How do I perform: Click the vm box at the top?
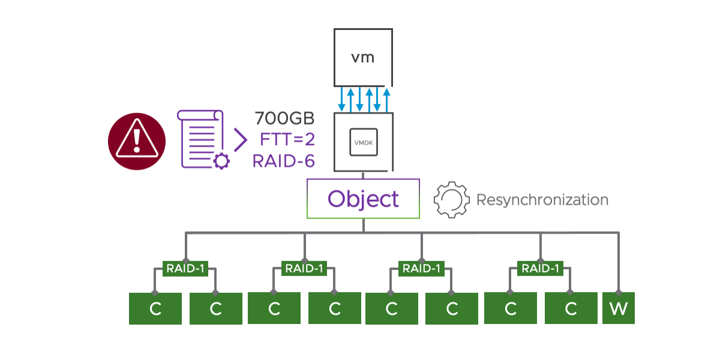pos(362,58)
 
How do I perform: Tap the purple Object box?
pos(363,199)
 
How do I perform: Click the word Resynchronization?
pos(542,200)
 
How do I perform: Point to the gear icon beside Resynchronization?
pos(451,200)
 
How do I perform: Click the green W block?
pos(618,308)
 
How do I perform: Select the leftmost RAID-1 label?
pos(185,268)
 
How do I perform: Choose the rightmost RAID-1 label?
pos(541,268)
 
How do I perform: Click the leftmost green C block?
pos(155,308)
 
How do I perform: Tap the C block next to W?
pos(571,308)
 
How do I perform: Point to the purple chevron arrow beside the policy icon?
pos(240,139)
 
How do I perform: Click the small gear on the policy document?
pos(221,160)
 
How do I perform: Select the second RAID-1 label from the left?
pos(304,268)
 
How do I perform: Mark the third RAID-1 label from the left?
pos(422,268)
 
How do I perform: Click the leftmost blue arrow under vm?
pos(341,100)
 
